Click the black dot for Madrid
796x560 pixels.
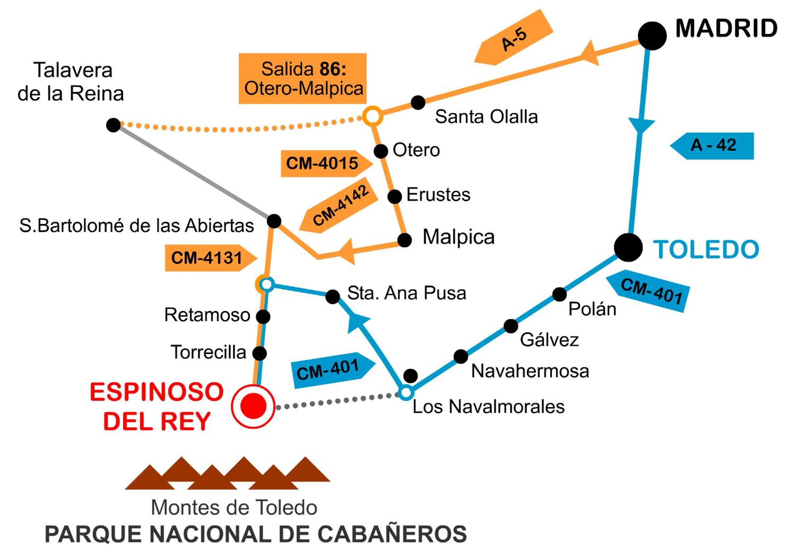(x=652, y=36)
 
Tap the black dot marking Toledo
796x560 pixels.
(x=628, y=247)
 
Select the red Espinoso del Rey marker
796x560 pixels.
(x=253, y=406)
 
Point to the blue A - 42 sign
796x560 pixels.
(x=712, y=146)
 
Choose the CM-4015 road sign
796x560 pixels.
(x=327, y=164)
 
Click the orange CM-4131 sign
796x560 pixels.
(x=211, y=258)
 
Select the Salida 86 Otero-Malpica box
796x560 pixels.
(x=303, y=79)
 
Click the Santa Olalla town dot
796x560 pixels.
(x=418, y=103)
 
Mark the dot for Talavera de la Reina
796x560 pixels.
(x=113, y=125)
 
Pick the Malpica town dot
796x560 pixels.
(x=405, y=240)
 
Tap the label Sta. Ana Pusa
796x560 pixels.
(x=407, y=293)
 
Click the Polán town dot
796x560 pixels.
(x=559, y=294)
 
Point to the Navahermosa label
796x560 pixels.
(x=530, y=371)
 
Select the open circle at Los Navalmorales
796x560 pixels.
(x=406, y=392)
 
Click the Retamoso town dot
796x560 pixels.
(x=263, y=316)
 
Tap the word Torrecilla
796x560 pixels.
(x=208, y=352)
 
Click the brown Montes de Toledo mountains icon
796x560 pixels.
(x=228, y=473)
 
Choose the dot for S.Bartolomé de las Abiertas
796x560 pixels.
(x=274, y=221)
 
